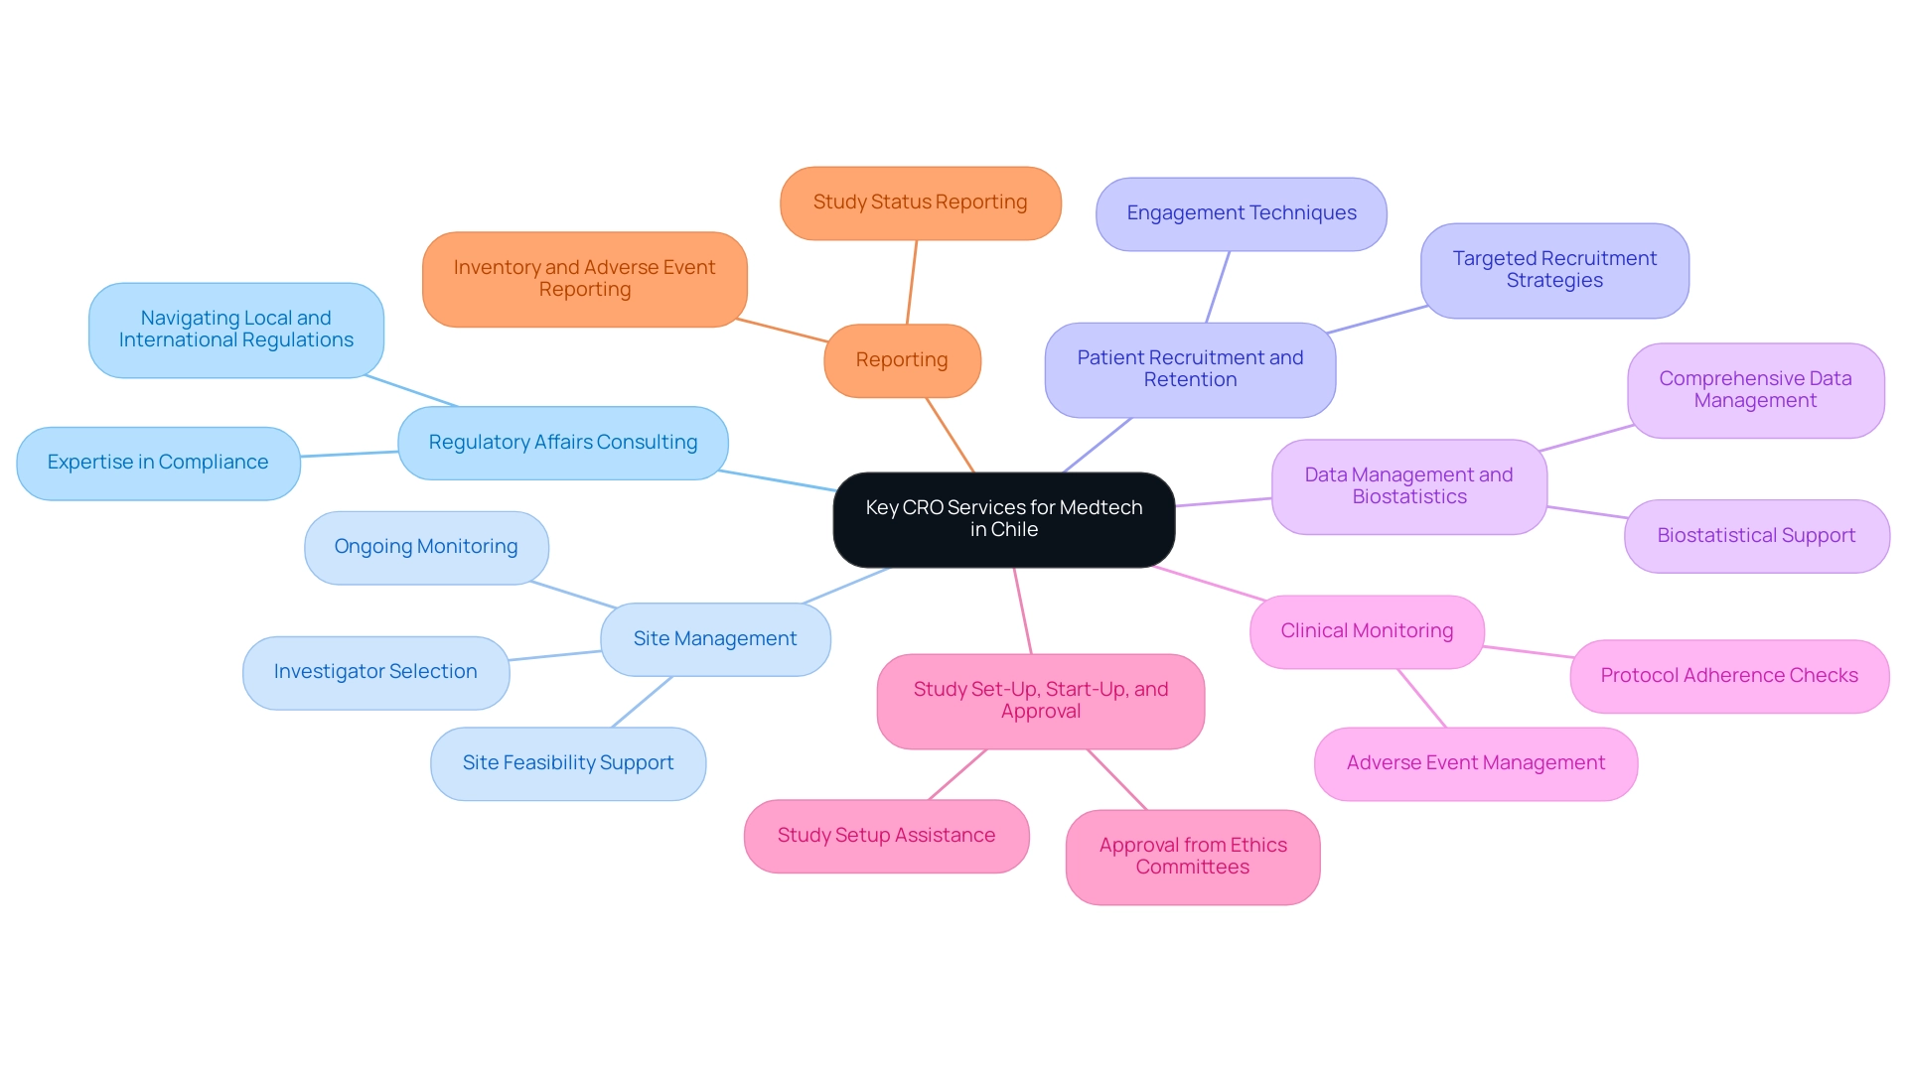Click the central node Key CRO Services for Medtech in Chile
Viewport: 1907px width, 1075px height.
[x=1003, y=519]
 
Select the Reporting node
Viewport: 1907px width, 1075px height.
[x=902, y=360]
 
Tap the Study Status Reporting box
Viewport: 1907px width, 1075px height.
[x=920, y=202]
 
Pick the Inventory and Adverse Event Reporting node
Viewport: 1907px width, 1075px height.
[x=584, y=279]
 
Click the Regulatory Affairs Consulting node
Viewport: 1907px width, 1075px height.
[x=562, y=443]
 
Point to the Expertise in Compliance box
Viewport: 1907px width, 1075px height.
[x=158, y=463]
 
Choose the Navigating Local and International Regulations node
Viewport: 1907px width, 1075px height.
[x=235, y=330]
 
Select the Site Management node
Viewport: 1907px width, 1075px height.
[x=715, y=639]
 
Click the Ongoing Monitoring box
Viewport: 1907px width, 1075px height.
[x=426, y=547]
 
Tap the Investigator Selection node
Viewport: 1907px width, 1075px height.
[x=375, y=672]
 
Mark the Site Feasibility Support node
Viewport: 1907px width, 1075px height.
[x=567, y=763]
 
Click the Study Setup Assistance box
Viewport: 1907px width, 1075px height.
[x=886, y=836]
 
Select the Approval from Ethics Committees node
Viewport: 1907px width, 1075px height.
[x=1192, y=857]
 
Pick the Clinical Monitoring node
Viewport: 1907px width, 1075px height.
[x=1366, y=631]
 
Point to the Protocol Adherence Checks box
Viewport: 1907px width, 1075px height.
[x=1728, y=676]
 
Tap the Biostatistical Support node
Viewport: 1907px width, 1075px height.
[x=1755, y=536]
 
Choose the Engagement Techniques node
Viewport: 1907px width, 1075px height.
[x=1241, y=213]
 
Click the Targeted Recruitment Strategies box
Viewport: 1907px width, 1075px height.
[x=1553, y=270]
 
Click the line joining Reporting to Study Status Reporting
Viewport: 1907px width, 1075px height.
[x=912, y=282]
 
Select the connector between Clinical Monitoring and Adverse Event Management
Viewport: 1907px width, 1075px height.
[x=1421, y=698]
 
